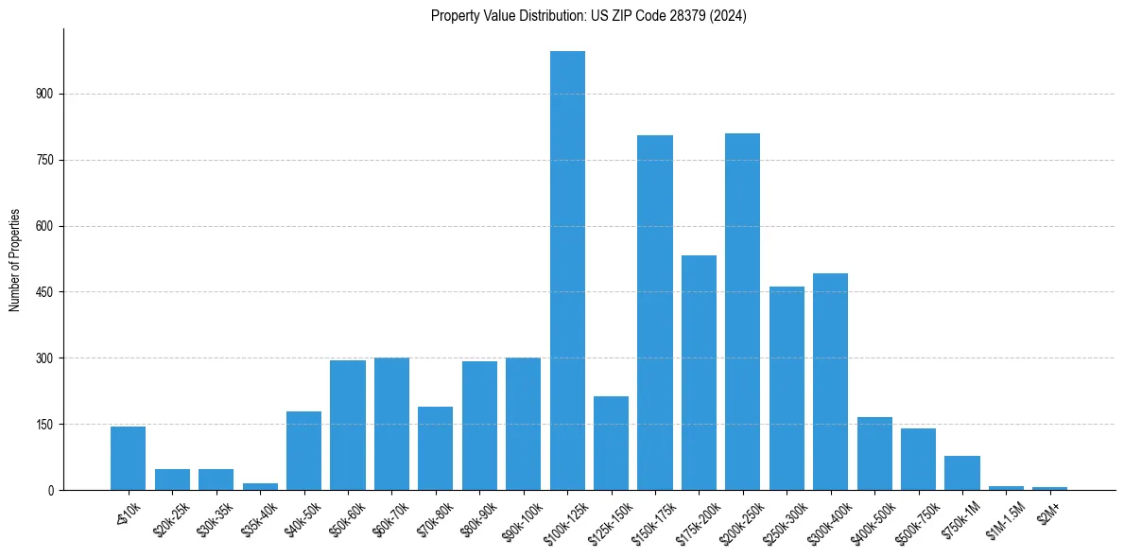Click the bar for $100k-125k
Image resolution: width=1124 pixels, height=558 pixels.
[x=567, y=270]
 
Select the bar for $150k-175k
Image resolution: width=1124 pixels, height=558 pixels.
[x=655, y=312]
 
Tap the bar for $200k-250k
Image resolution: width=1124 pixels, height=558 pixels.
[x=743, y=311]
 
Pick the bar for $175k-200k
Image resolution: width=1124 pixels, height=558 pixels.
[x=699, y=373]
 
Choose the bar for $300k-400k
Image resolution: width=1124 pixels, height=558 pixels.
[x=830, y=381]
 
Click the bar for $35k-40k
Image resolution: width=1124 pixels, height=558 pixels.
[x=260, y=486]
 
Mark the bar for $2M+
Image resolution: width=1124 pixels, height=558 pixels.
[x=1049, y=488]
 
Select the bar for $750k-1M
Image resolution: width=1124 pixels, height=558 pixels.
[x=961, y=473]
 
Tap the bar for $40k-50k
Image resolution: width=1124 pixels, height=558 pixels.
[x=303, y=450]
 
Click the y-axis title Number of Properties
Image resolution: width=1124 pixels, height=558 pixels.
[x=14, y=259]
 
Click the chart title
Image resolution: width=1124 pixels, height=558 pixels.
[x=588, y=16]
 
